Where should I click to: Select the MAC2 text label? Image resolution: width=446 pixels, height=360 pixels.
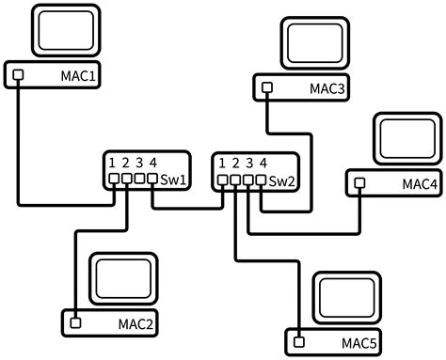click(x=135, y=324)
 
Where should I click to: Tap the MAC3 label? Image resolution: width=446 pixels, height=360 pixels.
click(x=327, y=89)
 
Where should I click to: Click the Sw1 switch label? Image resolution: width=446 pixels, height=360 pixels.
click(x=171, y=179)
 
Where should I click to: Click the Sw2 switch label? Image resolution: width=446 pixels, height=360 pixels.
click(x=281, y=180)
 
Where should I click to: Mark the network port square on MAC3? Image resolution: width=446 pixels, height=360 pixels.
click(x=266, y=89)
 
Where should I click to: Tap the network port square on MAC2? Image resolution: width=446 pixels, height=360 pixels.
click(x=74, y=324)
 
